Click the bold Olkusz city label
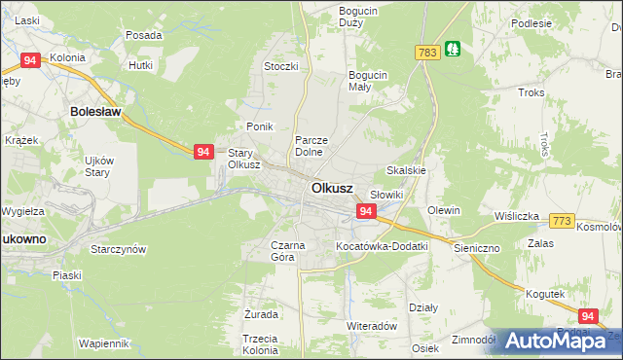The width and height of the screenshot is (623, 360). pyautogui.click(x=332, y=188)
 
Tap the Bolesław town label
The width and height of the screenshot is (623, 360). pyautogui.click(x=95, y=113)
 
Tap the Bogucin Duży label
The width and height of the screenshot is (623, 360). pyautogui.click(x=357, y=17)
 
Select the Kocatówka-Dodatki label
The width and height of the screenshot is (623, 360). pyautogui.click(x=382, y=247)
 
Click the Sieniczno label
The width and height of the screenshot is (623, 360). pyautogui.click(x=476, y=248)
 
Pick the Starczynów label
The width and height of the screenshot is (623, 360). pyautogui.click(x=118, y=249)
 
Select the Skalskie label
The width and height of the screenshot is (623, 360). pyautogui.click(x=407, y=170)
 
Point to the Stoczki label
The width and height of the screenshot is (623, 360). pyautogui.click(x=280, y=66)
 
